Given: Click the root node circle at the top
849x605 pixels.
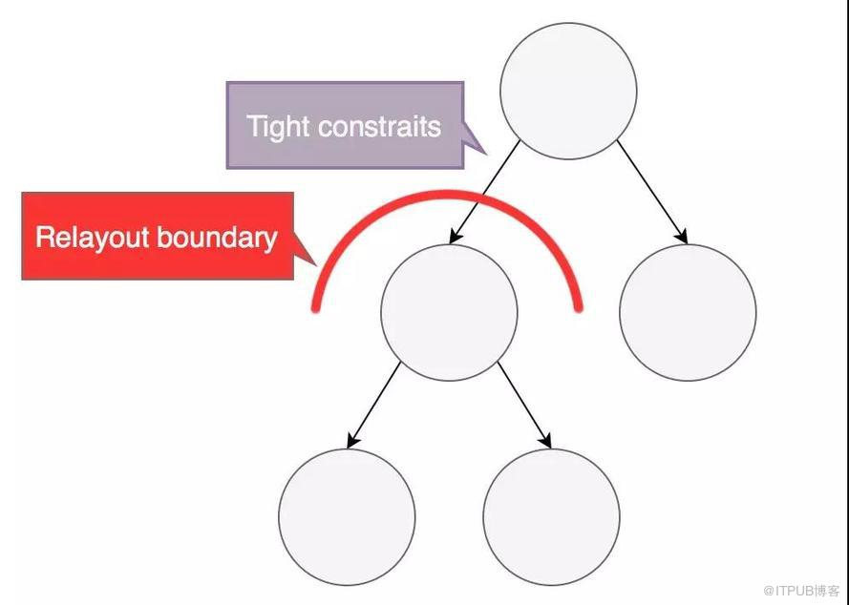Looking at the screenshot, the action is tap(568, 91).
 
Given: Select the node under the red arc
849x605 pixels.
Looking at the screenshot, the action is tap(449, 313).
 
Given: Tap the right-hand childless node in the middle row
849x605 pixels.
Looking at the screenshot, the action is tap(688, 313).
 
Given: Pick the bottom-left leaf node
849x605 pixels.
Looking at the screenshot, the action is tap(347, 517).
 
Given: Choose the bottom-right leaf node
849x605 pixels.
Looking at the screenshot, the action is tap(551, 517).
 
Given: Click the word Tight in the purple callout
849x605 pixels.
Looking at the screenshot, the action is tap(278, 127).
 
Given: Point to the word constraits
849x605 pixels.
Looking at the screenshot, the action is tap(379, 127).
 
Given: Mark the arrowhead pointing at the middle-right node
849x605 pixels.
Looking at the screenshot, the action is tap(683, 237).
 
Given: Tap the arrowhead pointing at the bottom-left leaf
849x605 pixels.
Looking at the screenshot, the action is tap(352, 441).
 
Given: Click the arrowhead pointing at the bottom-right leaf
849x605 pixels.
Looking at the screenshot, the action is tap(546, 441).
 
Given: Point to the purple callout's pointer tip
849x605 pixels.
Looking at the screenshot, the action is tap(486, 155).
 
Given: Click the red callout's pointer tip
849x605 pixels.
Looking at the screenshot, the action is tap(316, 265).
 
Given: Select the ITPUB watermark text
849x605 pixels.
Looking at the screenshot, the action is tap(801, 591).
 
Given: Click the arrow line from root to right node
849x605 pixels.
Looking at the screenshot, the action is tap(652, 192).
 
